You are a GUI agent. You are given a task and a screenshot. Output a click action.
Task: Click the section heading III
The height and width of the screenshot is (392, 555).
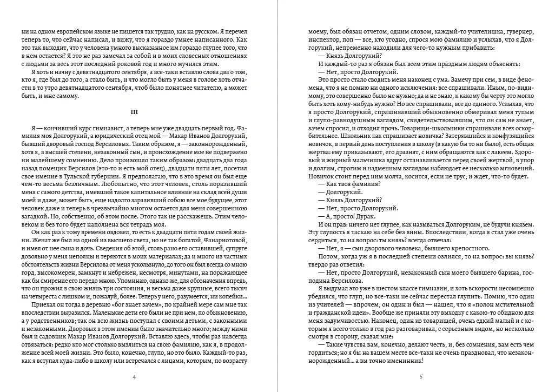click(x=135, y=112)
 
